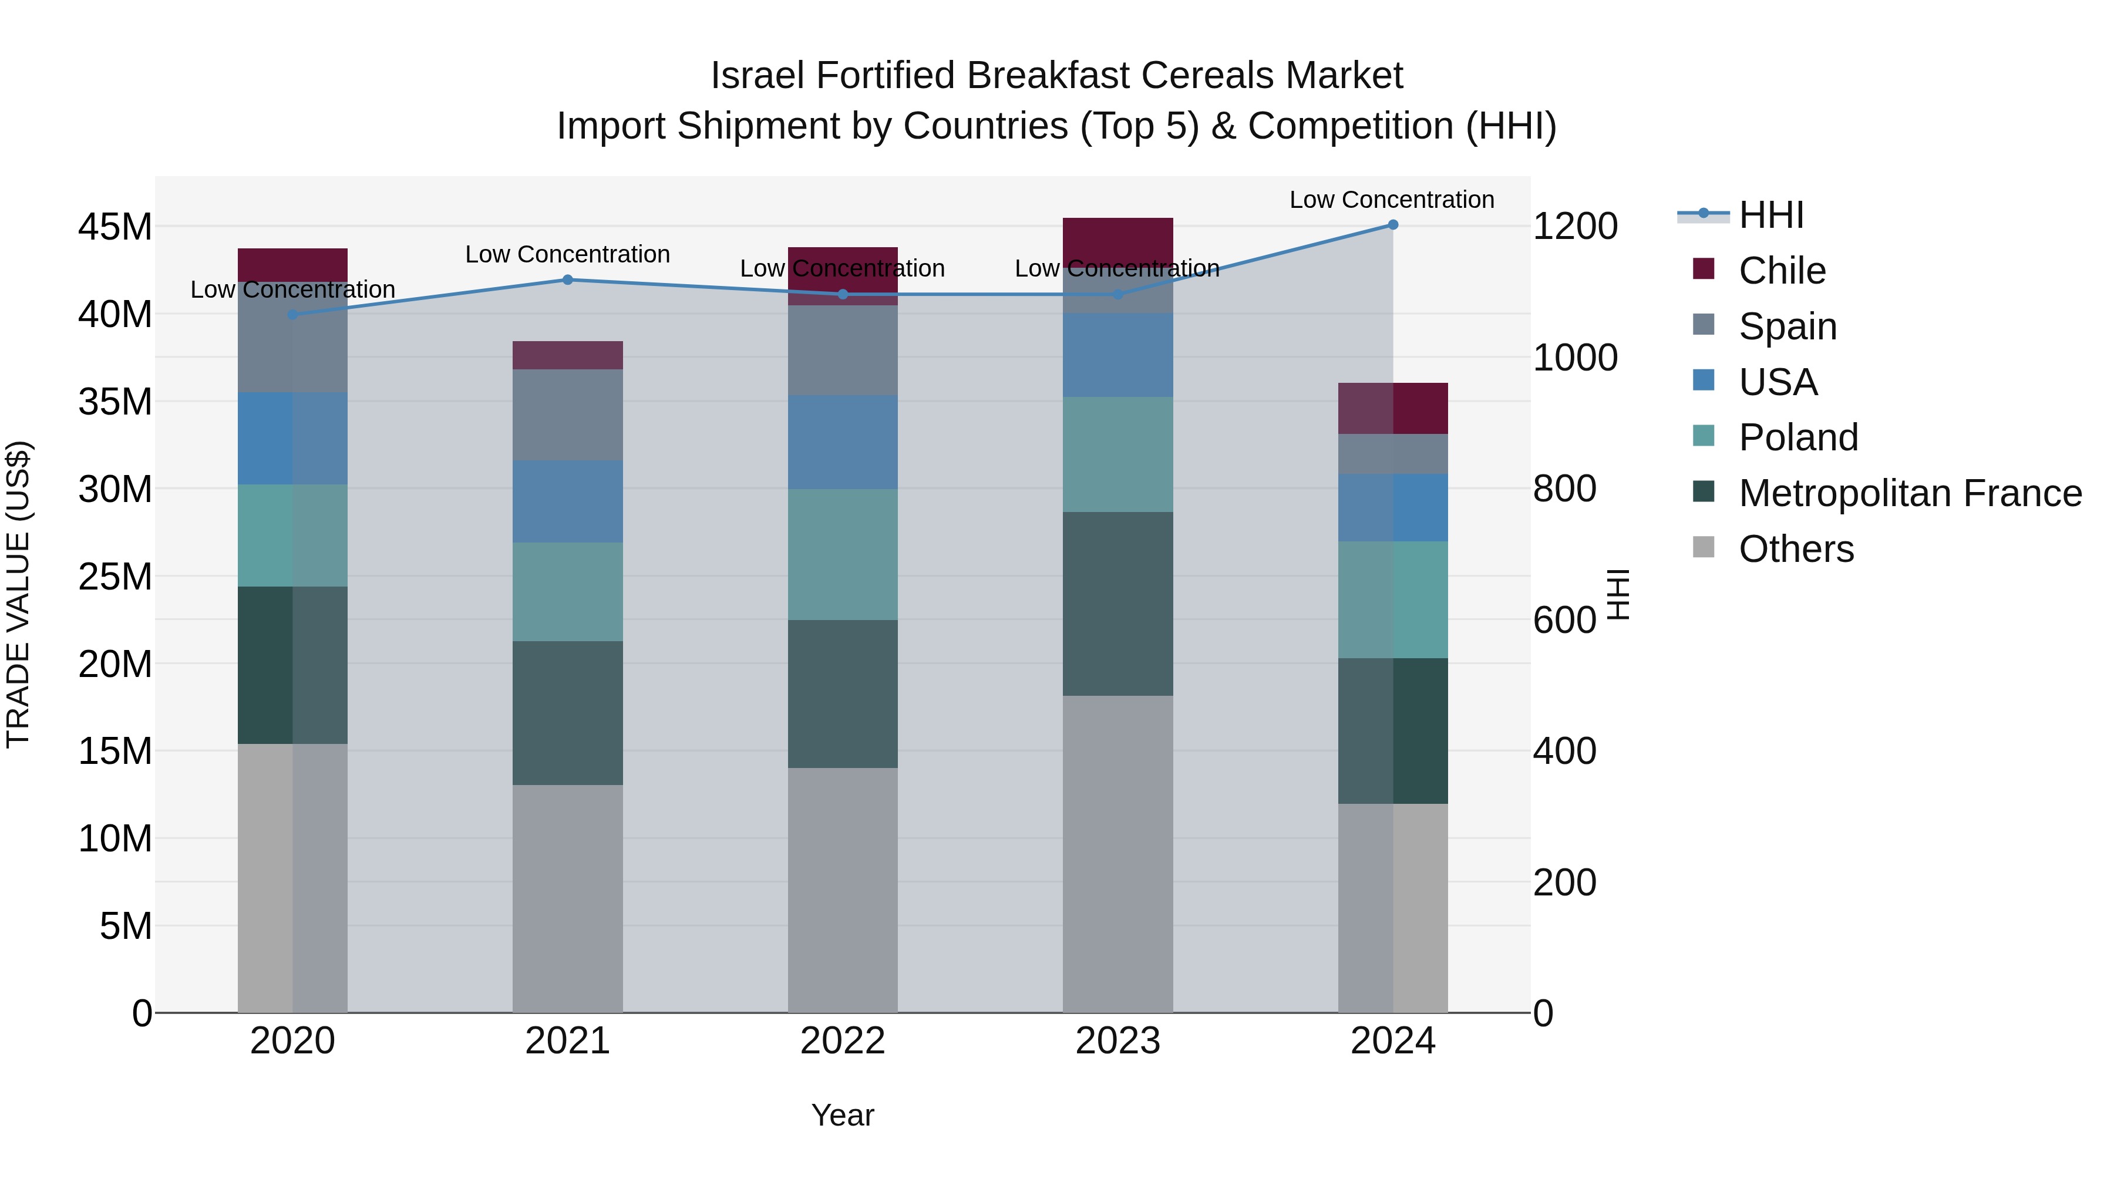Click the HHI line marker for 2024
tap(1393, 225)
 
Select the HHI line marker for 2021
tap(567, 280)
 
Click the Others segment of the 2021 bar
tap(567, 898)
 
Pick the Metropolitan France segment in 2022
tap(843, 693)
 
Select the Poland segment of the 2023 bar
tap(1117, 454)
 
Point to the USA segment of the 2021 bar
tap(567, 501)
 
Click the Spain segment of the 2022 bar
tap(843, 351)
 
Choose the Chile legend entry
tap(1781, 270)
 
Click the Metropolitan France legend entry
tap(1909, 493)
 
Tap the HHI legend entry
tap(1770, 215)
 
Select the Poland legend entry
tap(1797, 437)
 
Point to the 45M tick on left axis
tap(115, 227)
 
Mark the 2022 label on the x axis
tap(843, 1041)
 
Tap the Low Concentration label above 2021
tap(567, 254)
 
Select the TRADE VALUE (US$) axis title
tap(18, 594)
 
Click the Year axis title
tap(843, 1115)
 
